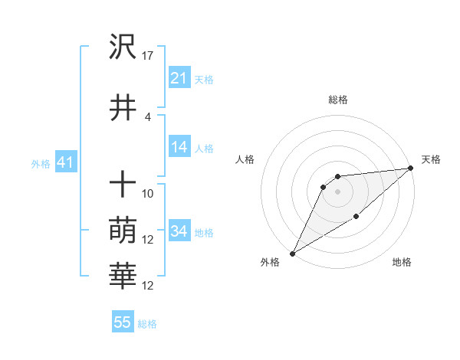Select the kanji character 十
(x=123, y=184)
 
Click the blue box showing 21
(x=179, y=78)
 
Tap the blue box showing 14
(x=179, y=148)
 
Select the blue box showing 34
(x=179, y=232)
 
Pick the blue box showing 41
(x=65, y=162)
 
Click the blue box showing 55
(x=123, y=322)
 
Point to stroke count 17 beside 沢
(x=148, y=56)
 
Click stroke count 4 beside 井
(x=147, y=117)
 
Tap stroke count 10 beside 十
(x=148, y=193)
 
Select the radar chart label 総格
(x=337, y=100)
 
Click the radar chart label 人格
(x=245, y=159)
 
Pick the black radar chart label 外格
(x=270, y=263)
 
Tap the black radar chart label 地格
(x=402, y=263)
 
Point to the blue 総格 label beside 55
(x=147, y=324)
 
